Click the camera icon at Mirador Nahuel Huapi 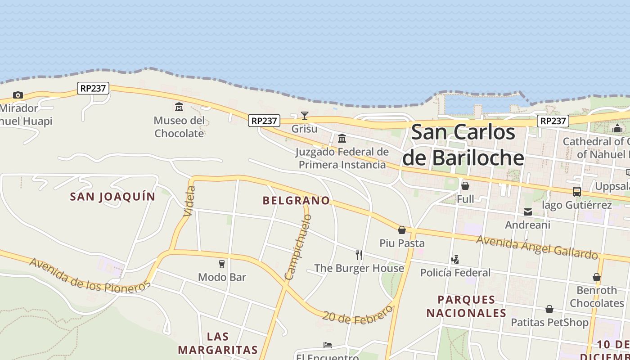tap(18, 95)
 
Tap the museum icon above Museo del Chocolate tap(179, 107)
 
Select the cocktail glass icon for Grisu tap(305, 116)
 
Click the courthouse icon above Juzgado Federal tap(342, 138)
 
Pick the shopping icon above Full tap(465, 185)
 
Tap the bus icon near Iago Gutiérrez tap(577, 191)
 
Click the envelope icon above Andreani tap(528, 211)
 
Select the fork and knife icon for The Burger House tap(359, 255)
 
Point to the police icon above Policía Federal tap(455, 259)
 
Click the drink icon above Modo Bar tap(222, 264)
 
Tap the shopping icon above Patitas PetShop tap(549, 309)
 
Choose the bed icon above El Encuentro tap(328, 345)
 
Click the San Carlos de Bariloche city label tap(463, 145)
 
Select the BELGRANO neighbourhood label tap(296, 201)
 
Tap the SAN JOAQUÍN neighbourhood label tap(112, 197)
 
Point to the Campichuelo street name tap(298, 247)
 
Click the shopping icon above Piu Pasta tap(402, 230)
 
